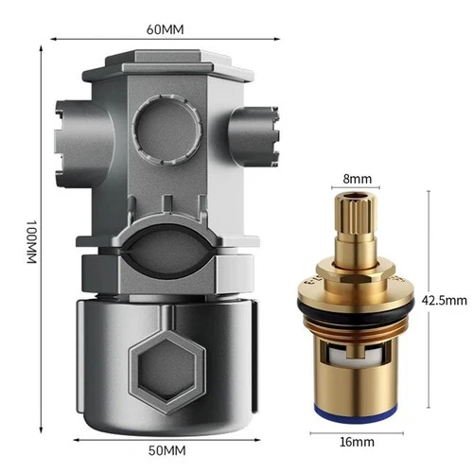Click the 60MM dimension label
click(x=165, y=29)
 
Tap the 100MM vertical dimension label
click(x=31, y=242)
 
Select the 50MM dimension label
click(x=166, y=450)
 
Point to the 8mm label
click(x=357, y=179)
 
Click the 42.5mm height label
click(x=444, y=301)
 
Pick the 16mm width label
click(x=357, y=442)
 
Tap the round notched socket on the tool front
click(x=166, y=130)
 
